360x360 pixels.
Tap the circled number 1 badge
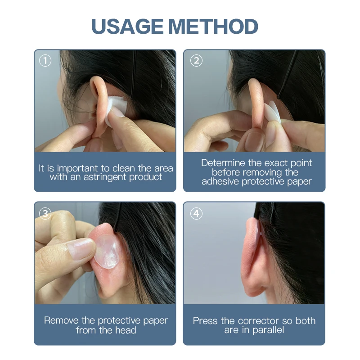(x=45, y=61)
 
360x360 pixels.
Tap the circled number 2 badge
(x=196, y=61)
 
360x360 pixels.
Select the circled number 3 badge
(x=45, y=213)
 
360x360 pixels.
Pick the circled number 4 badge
(x=196, y=213)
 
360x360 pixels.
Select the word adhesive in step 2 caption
(x=220, y=182)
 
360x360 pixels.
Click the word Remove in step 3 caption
(x=59, y=321)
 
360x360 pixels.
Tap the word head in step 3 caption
(x=126, y=330)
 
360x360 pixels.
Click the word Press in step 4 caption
(x=205, y=321)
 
